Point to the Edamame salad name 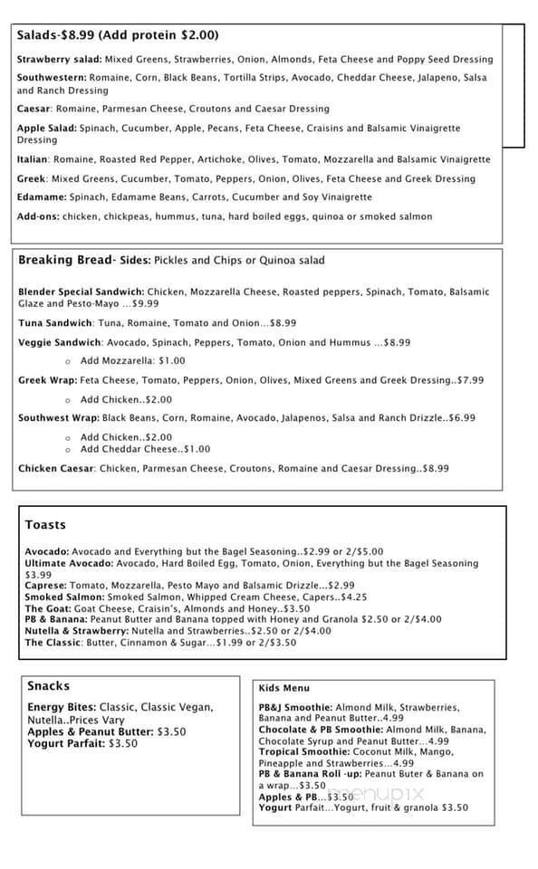41,197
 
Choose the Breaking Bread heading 66,261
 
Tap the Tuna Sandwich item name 55,323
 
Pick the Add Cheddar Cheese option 145,449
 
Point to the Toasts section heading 45,525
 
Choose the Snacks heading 48,686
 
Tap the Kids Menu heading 283,688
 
